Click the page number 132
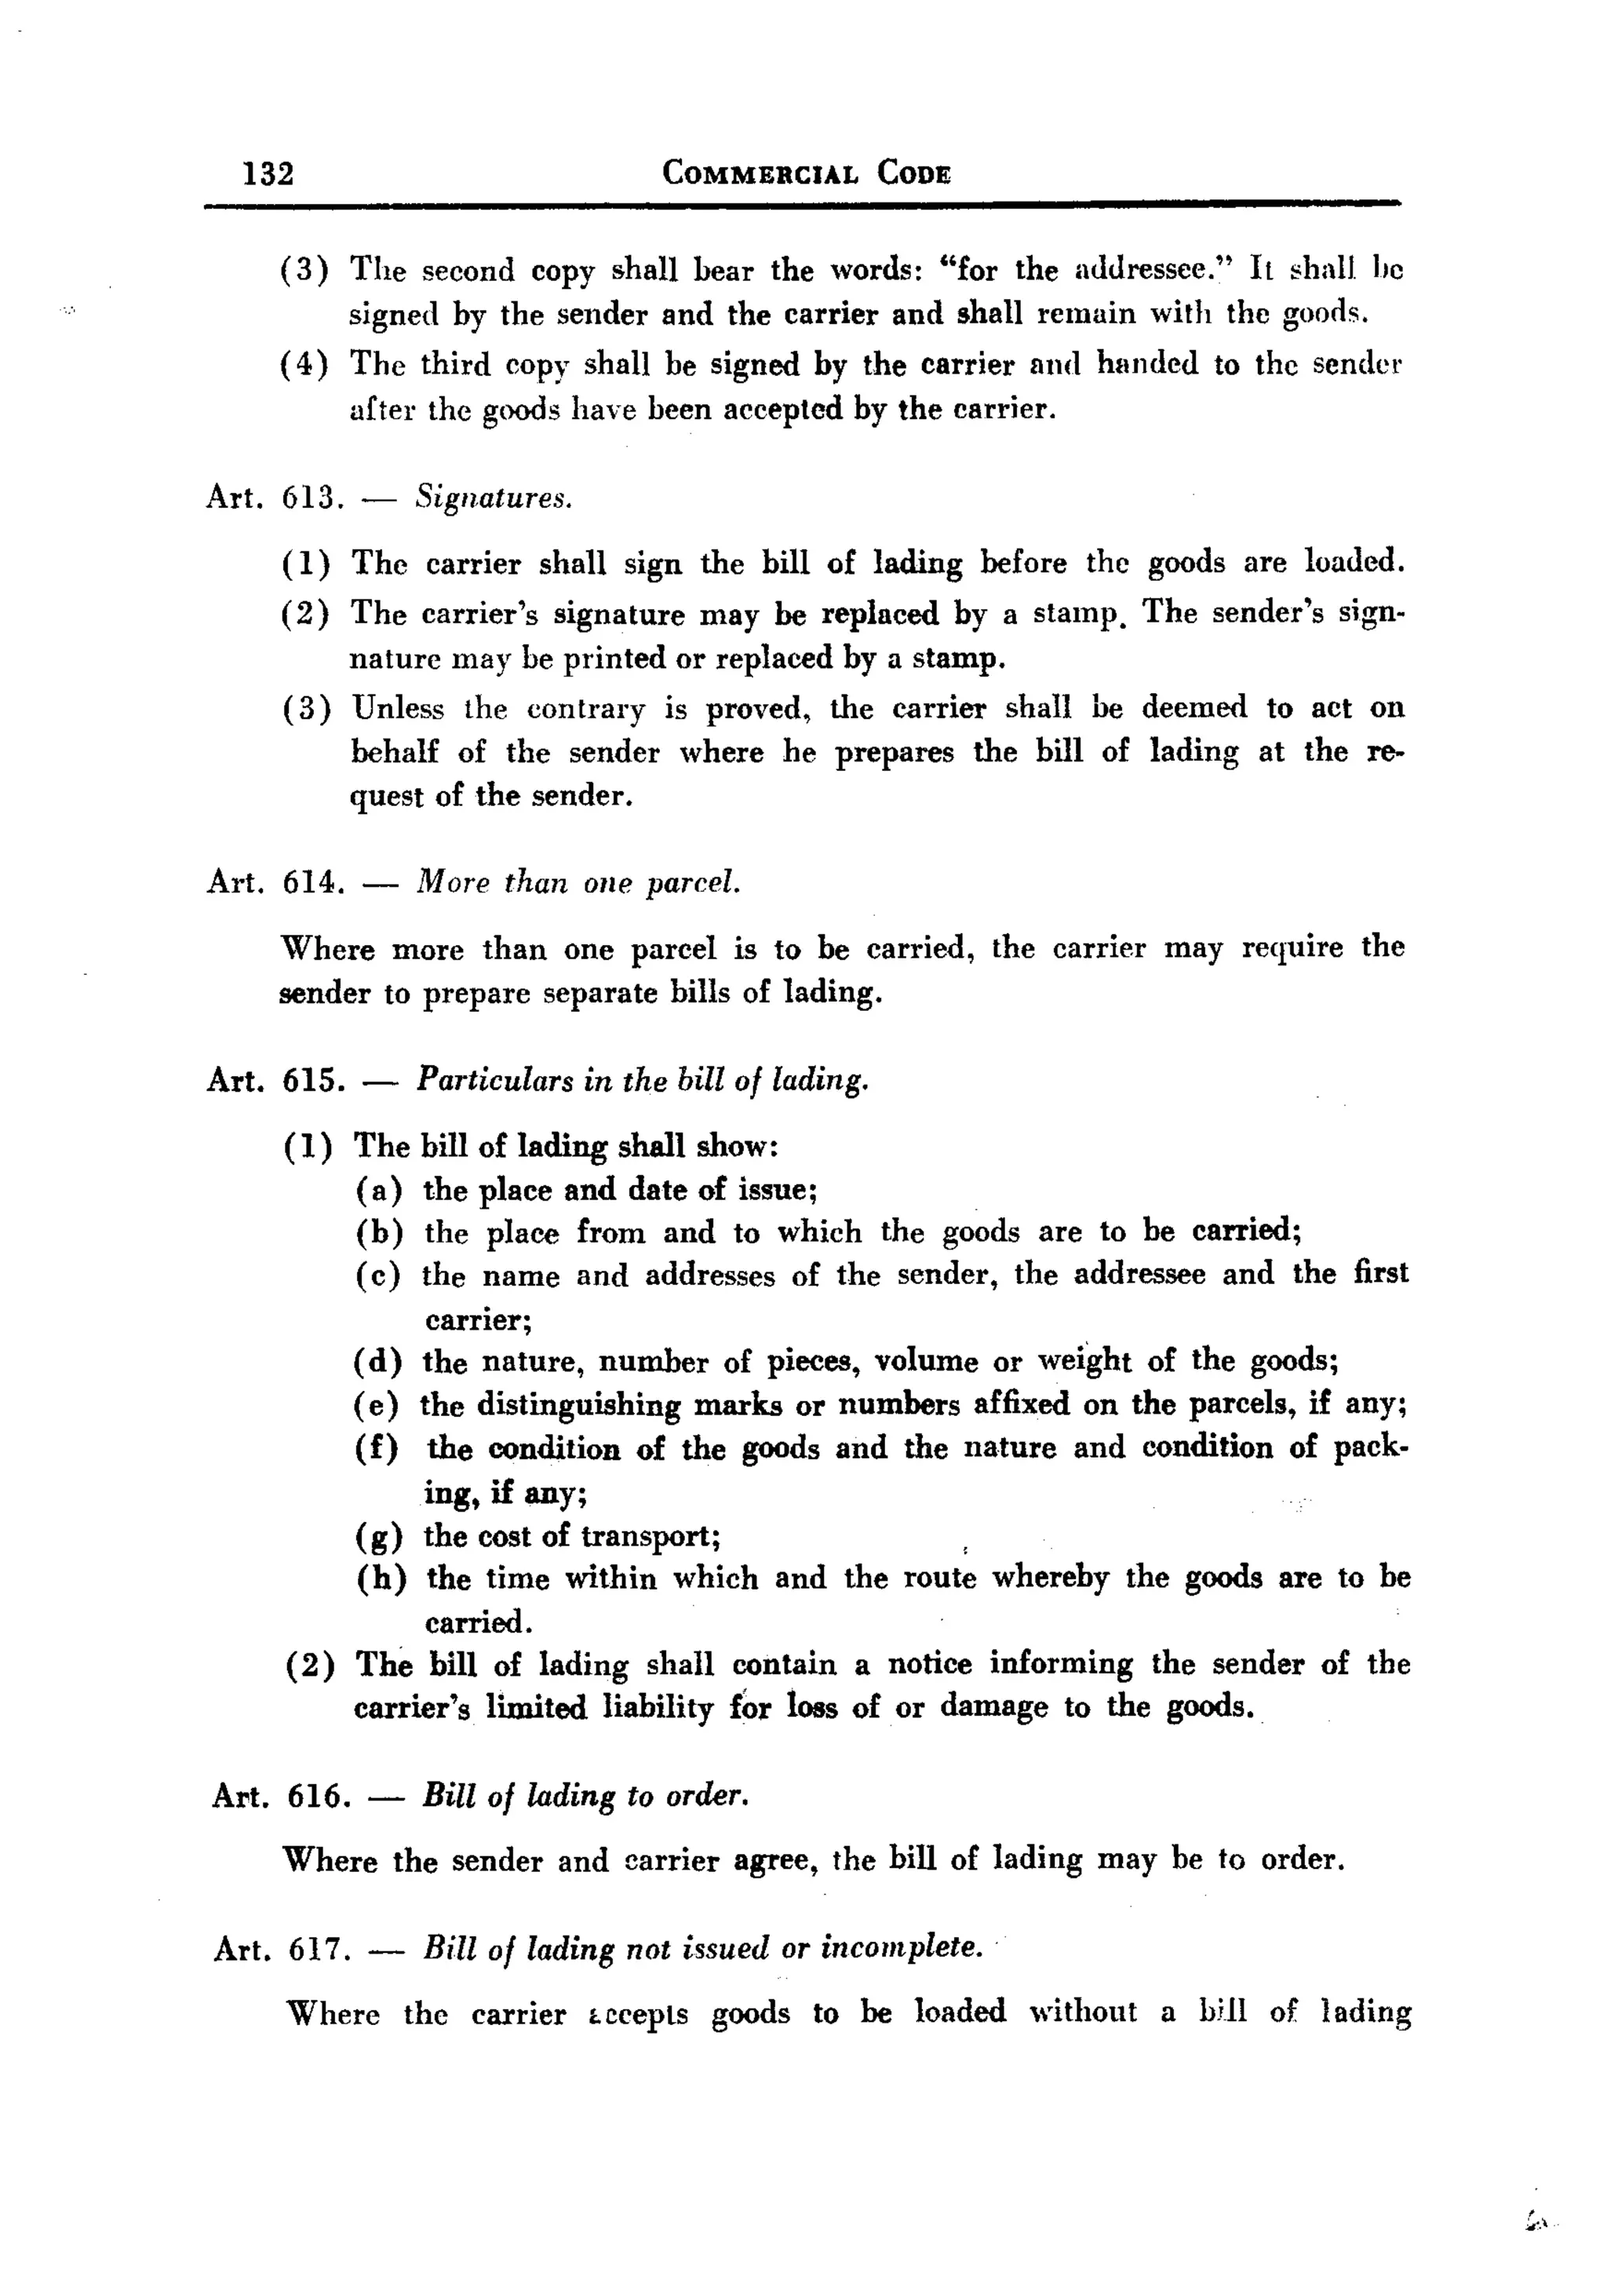(x=268, y=173)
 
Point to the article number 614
(x=314, y=882)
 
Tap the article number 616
(x=318, y=1796)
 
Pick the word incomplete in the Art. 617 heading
(x=901, y=1948)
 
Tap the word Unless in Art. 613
(x=399, y=709)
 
